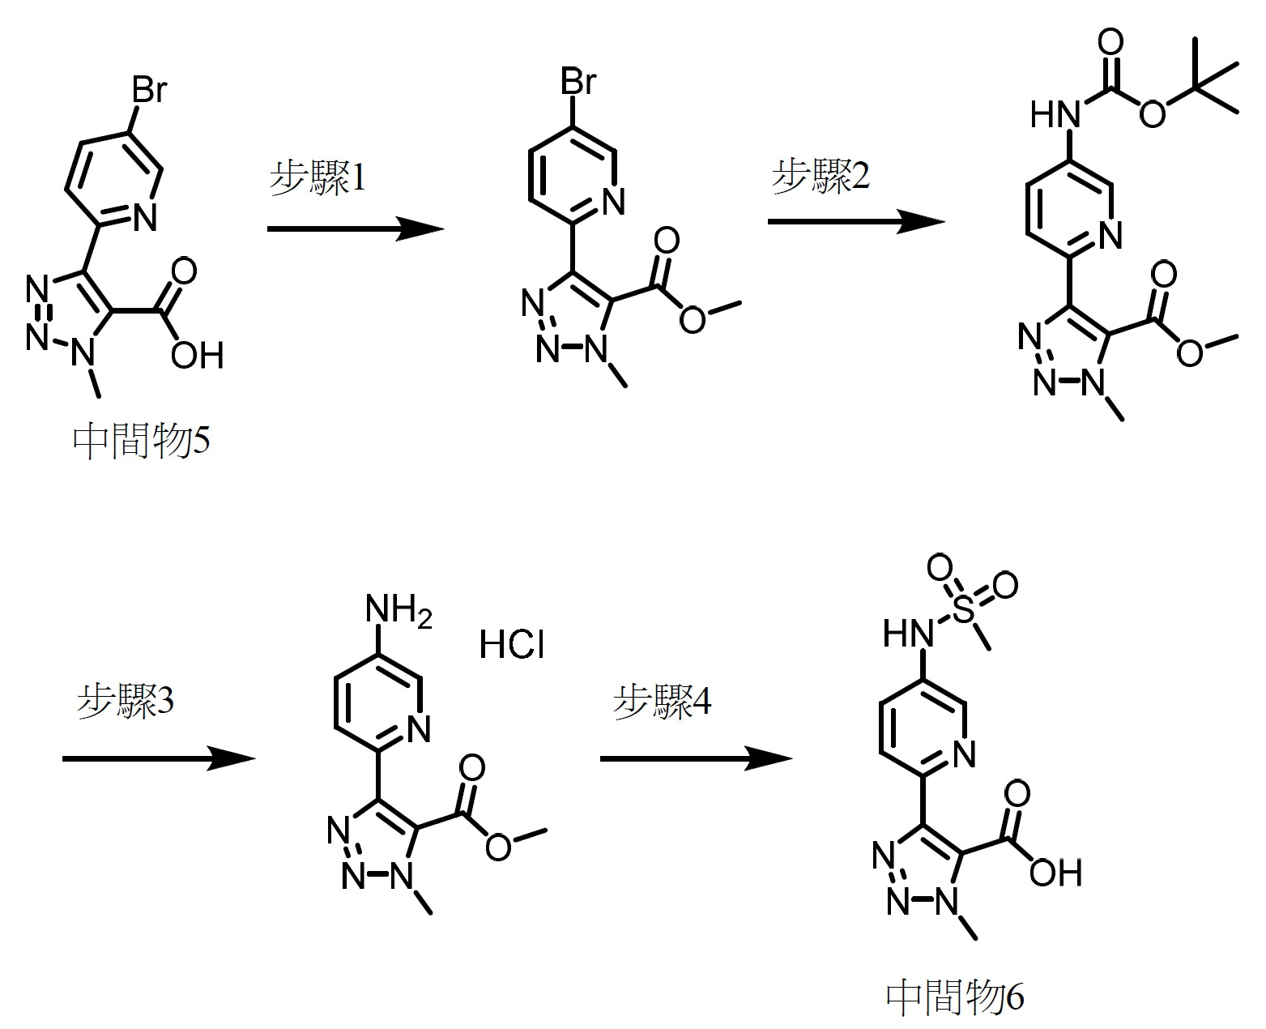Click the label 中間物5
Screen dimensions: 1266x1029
pos(142,442)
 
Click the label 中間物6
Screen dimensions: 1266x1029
pos(955,997)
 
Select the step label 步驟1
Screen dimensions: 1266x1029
pos(318,177)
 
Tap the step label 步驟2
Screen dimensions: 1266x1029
pos(821,175)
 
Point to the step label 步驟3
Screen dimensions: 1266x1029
pos(126,700)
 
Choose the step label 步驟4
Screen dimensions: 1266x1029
pos(662,700)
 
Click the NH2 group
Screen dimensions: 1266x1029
pos(399,610)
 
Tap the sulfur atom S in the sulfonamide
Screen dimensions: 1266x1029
pos(964,608)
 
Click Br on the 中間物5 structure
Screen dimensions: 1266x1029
pos(149,89)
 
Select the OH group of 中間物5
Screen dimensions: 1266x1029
pos(198,355)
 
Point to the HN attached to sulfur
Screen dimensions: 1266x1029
pos(908,633)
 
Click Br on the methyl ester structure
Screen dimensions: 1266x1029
pos(578,81)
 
